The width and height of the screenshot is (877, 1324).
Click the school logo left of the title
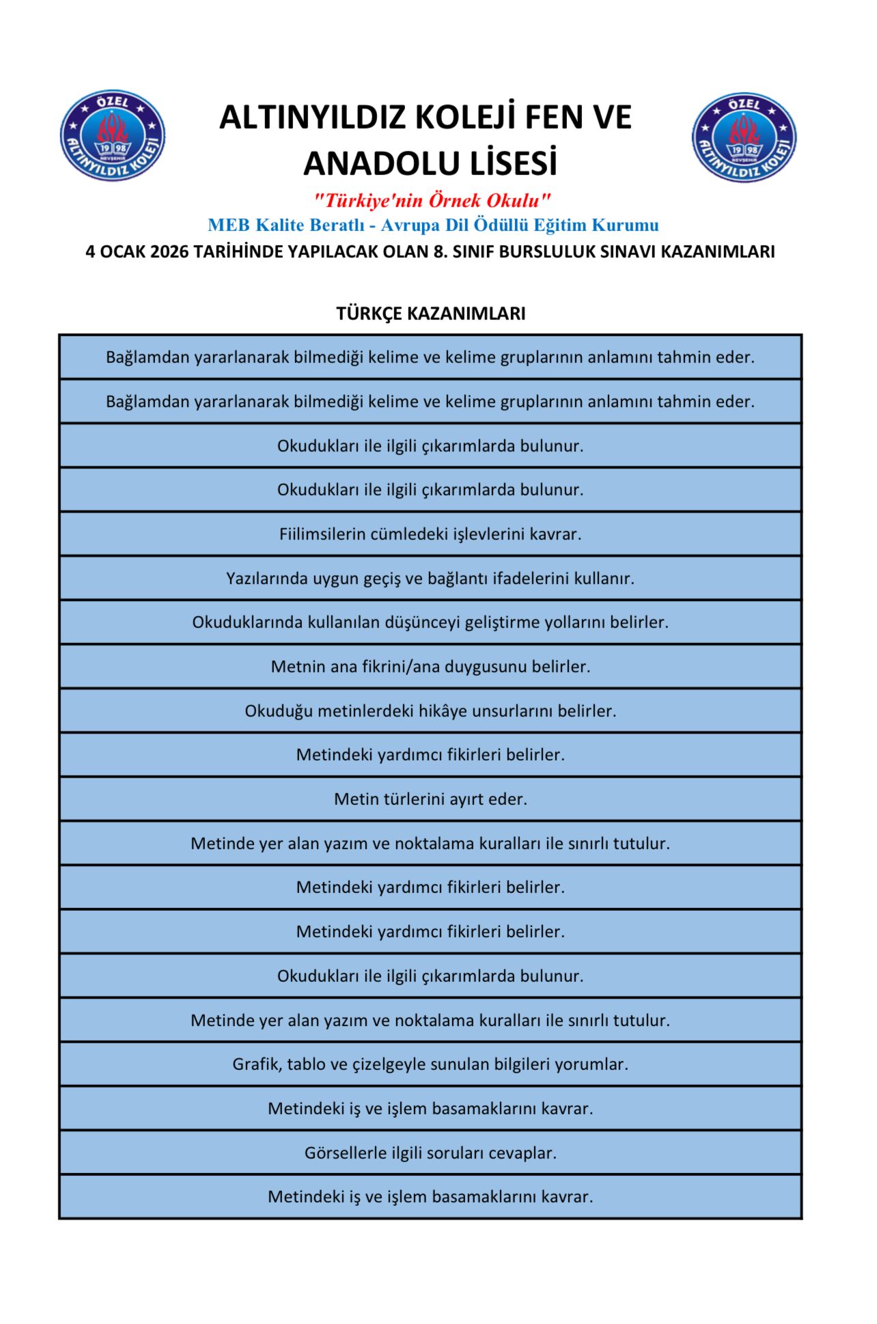click(x=113, y=136)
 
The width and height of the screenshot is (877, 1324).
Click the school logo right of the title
click(x=744, y=137)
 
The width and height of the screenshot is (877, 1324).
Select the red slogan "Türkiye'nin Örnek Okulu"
click(x=432, y=201)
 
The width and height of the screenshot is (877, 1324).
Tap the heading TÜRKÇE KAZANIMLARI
click(x=430, y=314)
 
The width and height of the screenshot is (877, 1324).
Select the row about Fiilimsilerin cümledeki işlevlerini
click(x=430, y=534)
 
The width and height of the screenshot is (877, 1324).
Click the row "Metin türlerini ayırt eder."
click(x=430, y=799)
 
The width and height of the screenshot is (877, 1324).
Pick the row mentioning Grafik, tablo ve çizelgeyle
click(x=430, y=1064)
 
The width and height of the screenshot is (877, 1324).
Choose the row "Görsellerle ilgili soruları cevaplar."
click(x=430, y=1153)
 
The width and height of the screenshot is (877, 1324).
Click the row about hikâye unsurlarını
click(x=430, y=711)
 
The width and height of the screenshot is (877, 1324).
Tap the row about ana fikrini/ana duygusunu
click(x=430, y=667)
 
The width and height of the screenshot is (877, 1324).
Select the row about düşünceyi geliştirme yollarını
click(x=430, y=622)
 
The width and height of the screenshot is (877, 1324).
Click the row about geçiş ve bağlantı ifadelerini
click(x=430, y=579)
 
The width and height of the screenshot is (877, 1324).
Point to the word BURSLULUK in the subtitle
click(x=542, y=252)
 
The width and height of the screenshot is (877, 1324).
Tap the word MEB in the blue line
click(x=229, y=225)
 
